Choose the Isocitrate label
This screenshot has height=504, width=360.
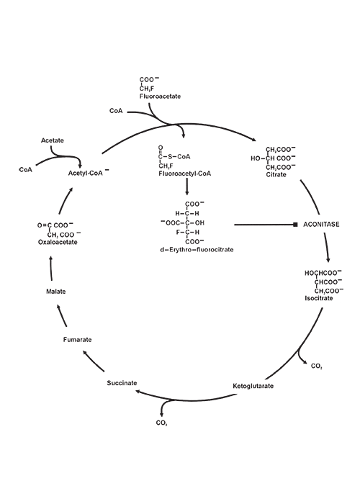pyautogui.click(x=319, y=297)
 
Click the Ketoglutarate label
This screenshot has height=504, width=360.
pyautogui.click(x=253, y=387)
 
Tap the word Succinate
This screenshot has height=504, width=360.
pyautogui.click(x=122, y=382)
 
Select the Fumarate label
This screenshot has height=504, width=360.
pyautogui.click(x=77, y=338)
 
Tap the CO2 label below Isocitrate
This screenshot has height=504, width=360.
pyautogui.click(x=316, y=366)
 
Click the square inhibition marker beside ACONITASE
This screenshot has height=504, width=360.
pyautogui.click(x=295, y=225)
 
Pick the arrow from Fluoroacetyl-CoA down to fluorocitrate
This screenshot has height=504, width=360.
pyautogui.click(x=187, y=186)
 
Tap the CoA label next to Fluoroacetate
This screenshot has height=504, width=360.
pyautogui.click(x=117, y=111)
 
